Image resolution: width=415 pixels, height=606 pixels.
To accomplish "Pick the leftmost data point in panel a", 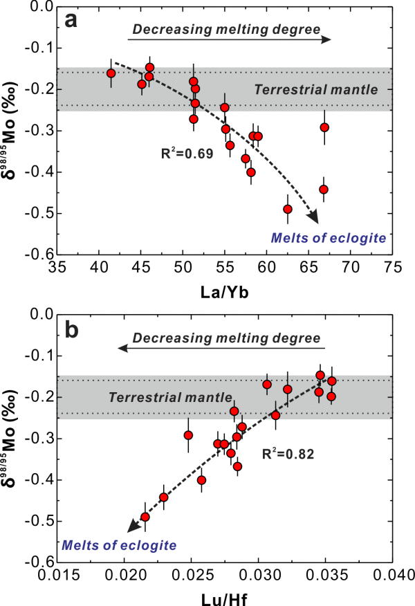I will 111,73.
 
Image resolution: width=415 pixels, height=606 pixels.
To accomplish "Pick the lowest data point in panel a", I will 288,209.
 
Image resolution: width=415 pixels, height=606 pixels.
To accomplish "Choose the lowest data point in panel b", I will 145,517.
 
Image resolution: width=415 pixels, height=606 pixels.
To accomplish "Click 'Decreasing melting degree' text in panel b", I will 227,338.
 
